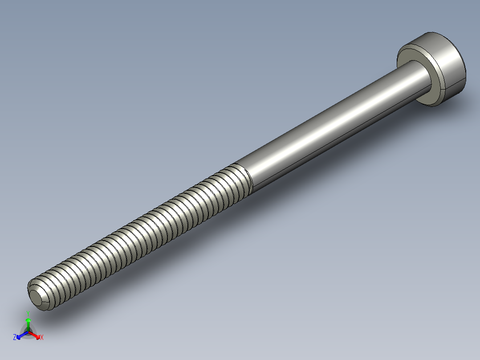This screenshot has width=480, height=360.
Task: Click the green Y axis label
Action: tap(28, 313)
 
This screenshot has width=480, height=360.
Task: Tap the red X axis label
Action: tap(42, 338)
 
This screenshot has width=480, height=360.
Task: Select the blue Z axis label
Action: tap(15, 338)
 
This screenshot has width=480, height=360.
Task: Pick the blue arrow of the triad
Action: tap(20, 335)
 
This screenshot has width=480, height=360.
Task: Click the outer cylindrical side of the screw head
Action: tap(450, 67)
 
